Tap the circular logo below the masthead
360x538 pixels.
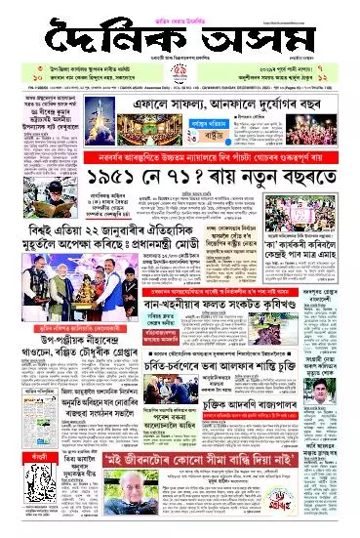click(178, 73)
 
